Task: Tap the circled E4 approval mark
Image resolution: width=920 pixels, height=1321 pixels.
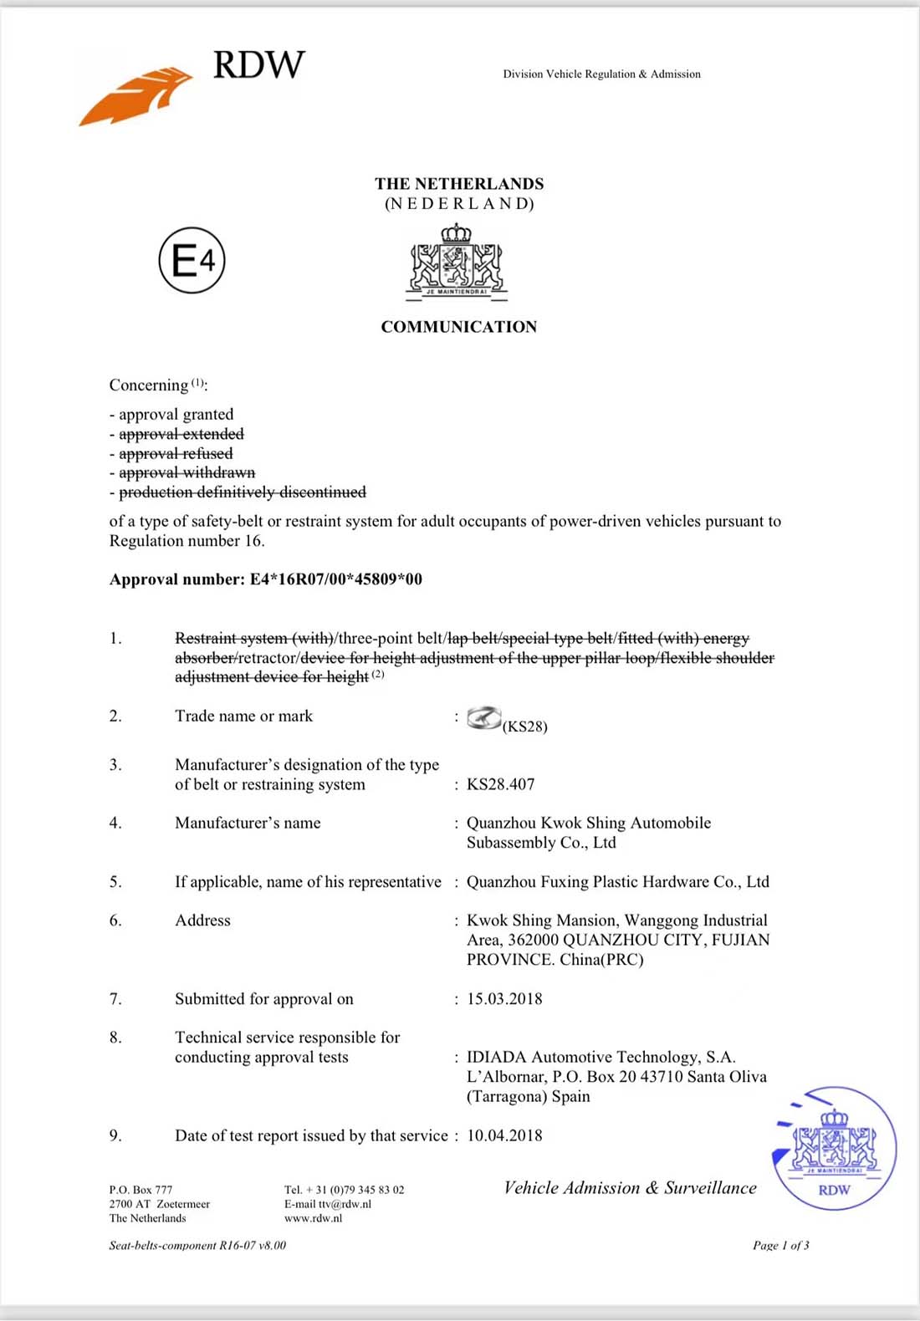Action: click(x=192, y=260)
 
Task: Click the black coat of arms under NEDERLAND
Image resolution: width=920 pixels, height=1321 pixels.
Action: click(x=456, y=262)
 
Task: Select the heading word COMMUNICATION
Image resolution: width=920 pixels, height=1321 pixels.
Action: click(x=459, y=327)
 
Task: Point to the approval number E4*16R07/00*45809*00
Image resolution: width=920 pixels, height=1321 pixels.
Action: click(x=335, y=579)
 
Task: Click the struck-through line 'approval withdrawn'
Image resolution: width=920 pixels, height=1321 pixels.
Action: click(x=187, y=472)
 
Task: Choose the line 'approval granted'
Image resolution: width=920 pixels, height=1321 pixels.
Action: click(x=176, y=414)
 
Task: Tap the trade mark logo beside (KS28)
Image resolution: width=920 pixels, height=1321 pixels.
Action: click(x=483, y=717)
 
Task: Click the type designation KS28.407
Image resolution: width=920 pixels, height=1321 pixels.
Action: click(x=500, y=784)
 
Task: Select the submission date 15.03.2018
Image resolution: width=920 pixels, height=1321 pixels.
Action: click(x=504, y=998)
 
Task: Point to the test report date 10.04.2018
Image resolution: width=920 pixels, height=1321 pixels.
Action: click(x=504, y=1135)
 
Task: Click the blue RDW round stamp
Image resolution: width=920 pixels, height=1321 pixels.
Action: click(x=834, y=1147)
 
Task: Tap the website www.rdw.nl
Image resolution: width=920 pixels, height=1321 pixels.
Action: click(x=313, y=1218)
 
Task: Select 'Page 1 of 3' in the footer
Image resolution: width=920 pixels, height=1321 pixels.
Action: click(x=780, y=1245)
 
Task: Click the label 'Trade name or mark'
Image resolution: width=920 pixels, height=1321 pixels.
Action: click(x=243, y=716)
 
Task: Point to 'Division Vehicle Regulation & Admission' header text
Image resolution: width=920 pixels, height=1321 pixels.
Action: click(x=601, y=74)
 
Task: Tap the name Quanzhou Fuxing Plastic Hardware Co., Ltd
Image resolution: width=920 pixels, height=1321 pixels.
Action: click(x=617, y=881)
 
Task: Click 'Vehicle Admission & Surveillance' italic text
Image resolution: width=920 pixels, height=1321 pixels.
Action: click(x=630, y=1187)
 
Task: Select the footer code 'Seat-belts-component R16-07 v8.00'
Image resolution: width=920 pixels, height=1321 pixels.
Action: click(x=197, y=1245)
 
